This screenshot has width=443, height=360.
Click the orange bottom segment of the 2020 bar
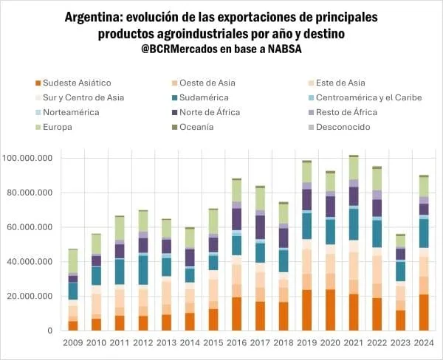(330, 310)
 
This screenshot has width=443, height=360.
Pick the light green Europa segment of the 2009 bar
(73, 260)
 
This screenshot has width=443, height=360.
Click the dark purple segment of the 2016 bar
(237, 219)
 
